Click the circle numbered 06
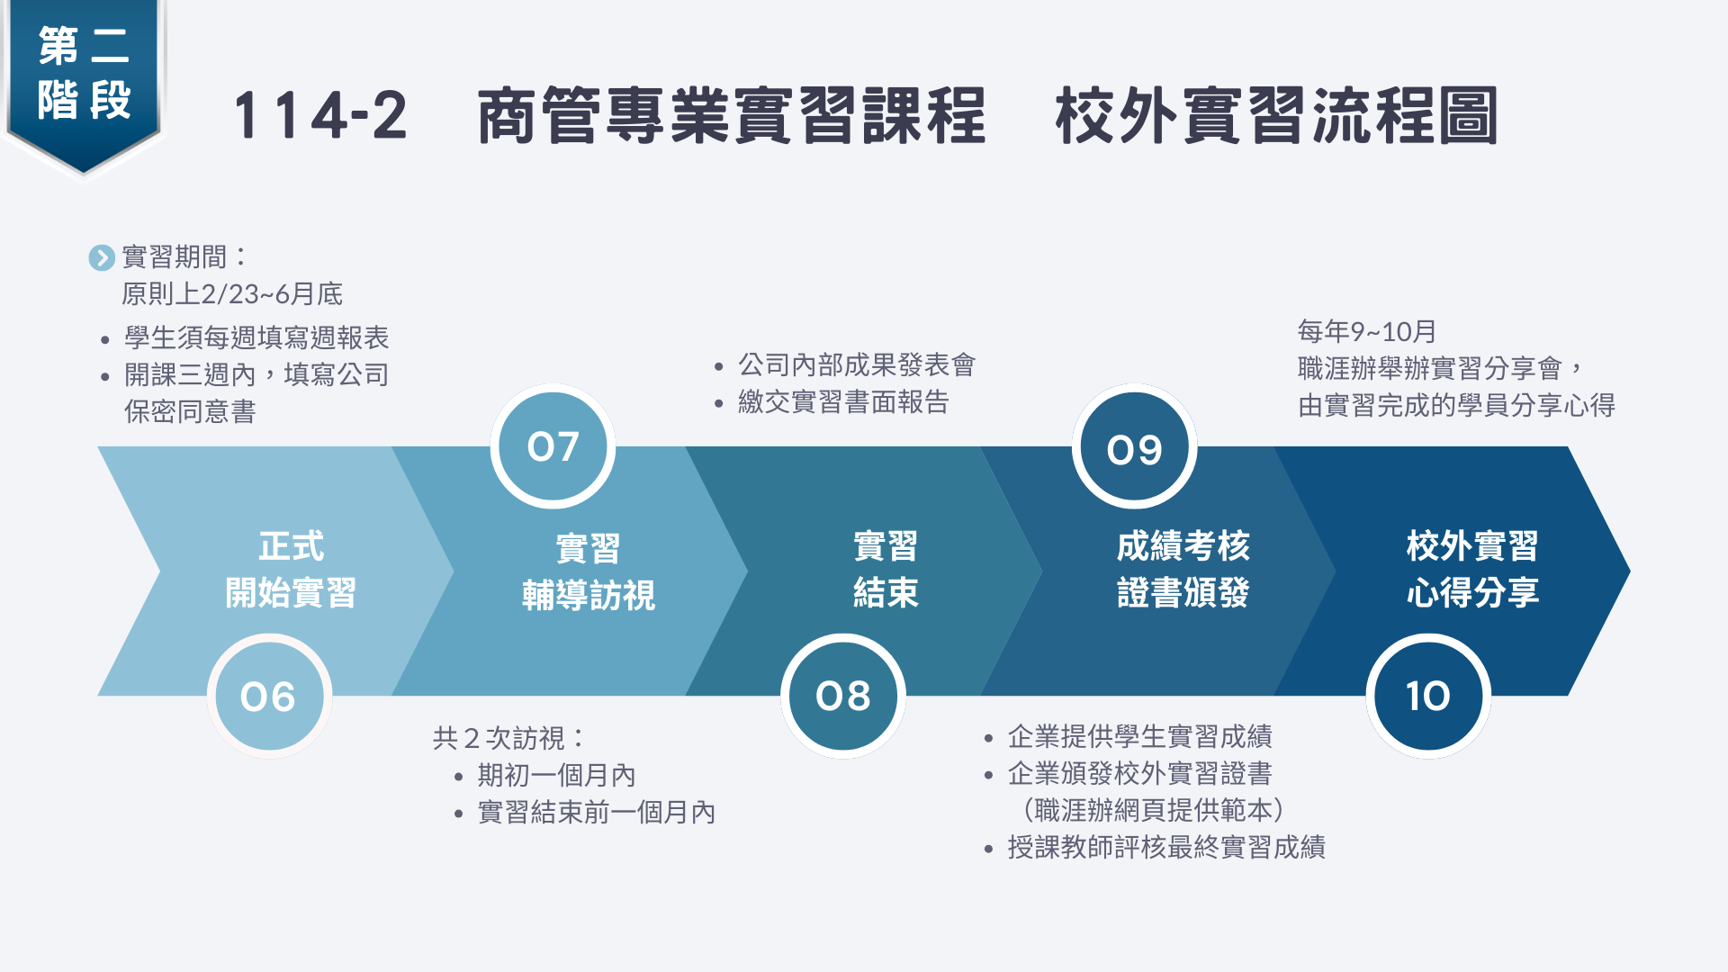coord(269,696)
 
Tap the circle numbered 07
coord(553,446)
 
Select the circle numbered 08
coord(843,696)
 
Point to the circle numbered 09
coord(1134,448)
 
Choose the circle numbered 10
coord(1428,696)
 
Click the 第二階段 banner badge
coord(84,76)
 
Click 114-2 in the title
coord(320,116)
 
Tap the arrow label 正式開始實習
coord(291,570)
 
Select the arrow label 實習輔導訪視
coord(589,571)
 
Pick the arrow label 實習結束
coord(886,570)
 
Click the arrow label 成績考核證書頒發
coord(1183,570)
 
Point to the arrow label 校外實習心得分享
coord(1472,570)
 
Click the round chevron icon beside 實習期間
coord(102,258)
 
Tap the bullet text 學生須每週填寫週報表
coord(256,337)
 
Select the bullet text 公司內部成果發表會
coord(857,364)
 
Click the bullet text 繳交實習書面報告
coord(843,401)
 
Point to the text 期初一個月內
coord(556,775)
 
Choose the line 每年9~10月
coord(1367,331)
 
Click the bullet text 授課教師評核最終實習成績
coord(1166,847)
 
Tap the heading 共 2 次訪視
coord(508,738)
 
